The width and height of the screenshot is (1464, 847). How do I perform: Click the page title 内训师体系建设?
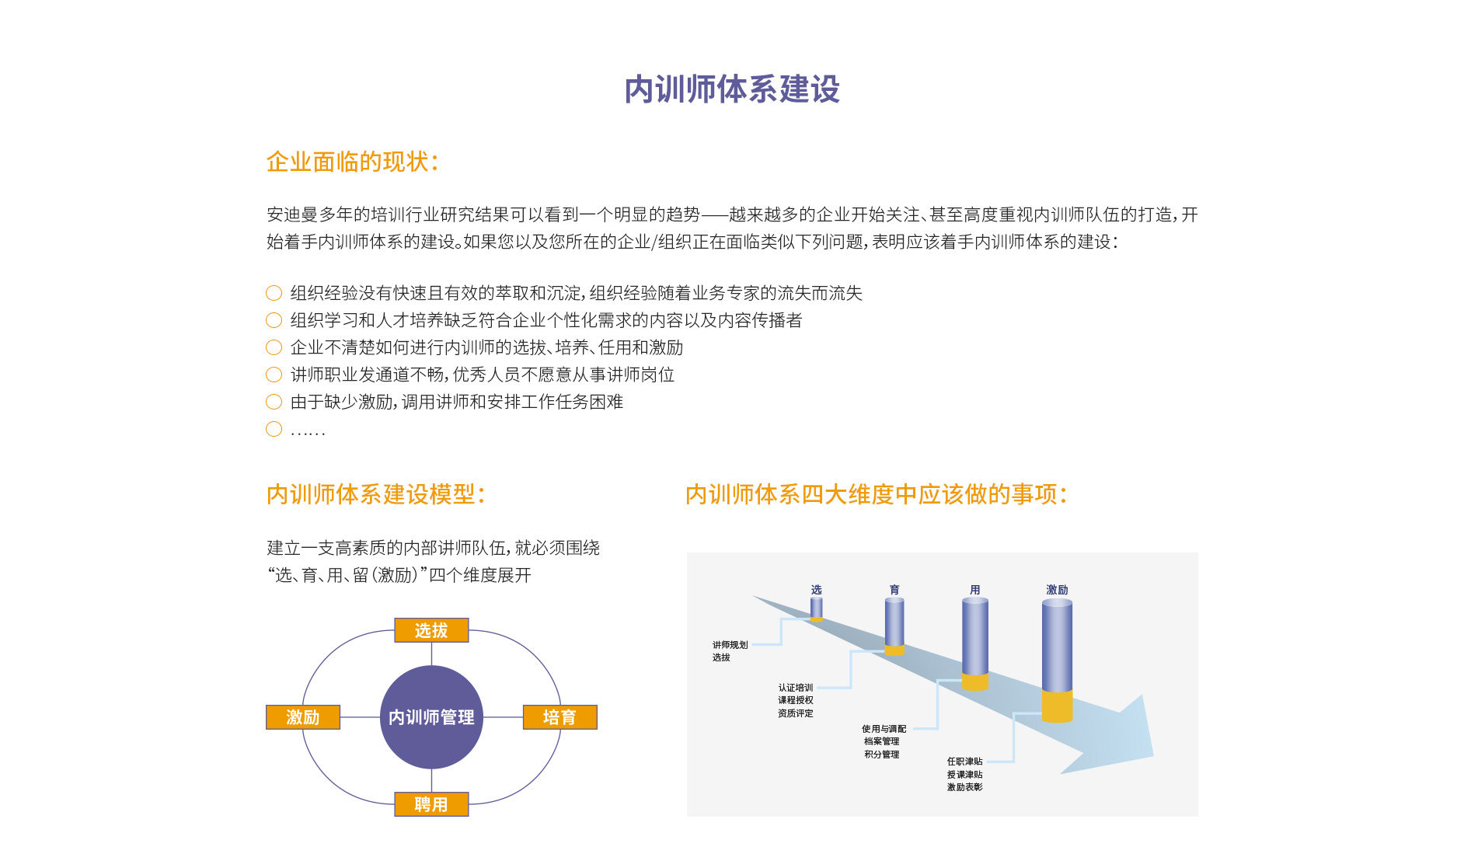point(732,89)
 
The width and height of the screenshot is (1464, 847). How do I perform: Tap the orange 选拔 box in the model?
point(431,630)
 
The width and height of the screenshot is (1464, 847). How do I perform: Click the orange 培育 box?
point(559,717)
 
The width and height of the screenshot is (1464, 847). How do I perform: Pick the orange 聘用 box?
point(431,804)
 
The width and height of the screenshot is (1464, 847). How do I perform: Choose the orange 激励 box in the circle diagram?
point(303,717)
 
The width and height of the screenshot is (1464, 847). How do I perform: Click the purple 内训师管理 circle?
point(431,717)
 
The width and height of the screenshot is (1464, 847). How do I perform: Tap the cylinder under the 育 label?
point(894,626)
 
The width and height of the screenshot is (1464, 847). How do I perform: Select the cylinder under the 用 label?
point(975,644)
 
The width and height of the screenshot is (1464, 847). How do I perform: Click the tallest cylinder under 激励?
point(1057,661)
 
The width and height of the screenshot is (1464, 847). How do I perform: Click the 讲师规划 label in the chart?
point(730,645)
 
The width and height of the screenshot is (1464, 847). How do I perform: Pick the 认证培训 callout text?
point(796,688)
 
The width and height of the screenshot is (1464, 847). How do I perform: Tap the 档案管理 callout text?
point(882,741)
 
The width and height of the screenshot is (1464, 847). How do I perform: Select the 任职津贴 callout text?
point(964,762)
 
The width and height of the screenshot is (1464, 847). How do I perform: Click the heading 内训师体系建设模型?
point(375,494)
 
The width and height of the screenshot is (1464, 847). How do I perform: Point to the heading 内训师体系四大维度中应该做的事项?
point(876,494)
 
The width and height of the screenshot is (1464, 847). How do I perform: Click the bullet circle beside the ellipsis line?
point(274,429)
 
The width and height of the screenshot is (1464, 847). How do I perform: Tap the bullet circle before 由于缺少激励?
point(274,402)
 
